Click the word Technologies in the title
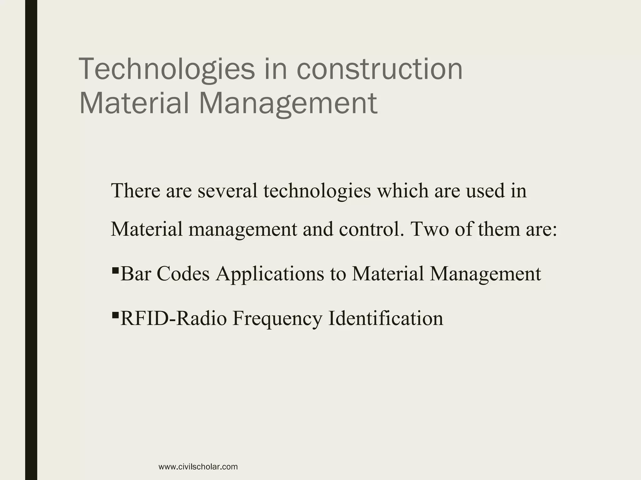[x=167, y=69]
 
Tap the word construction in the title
[x=379, y=69]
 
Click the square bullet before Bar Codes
[x=115, y=269]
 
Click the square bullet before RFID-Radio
[x=115, y=314]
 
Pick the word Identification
[x=386, y=318]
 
